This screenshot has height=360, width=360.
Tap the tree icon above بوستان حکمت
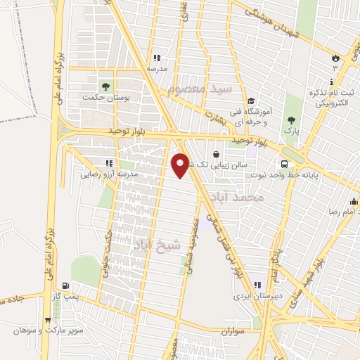tap(106, 86)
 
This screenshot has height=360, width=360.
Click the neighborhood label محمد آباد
tap(250, 198)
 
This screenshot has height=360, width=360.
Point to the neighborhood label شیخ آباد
tap(157, 245)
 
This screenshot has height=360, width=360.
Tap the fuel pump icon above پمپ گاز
tap(66, 287)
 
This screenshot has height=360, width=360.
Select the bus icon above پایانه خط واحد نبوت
tap(287, 156)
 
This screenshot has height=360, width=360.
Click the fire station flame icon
tap(335, 58)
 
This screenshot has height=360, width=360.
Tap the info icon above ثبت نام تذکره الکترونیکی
tap(335, 81)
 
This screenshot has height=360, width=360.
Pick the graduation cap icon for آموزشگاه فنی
tap(251, 99)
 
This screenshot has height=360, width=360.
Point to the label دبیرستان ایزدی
tap(257, 297)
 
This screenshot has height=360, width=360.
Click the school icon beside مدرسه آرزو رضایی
tap(109, 163)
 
